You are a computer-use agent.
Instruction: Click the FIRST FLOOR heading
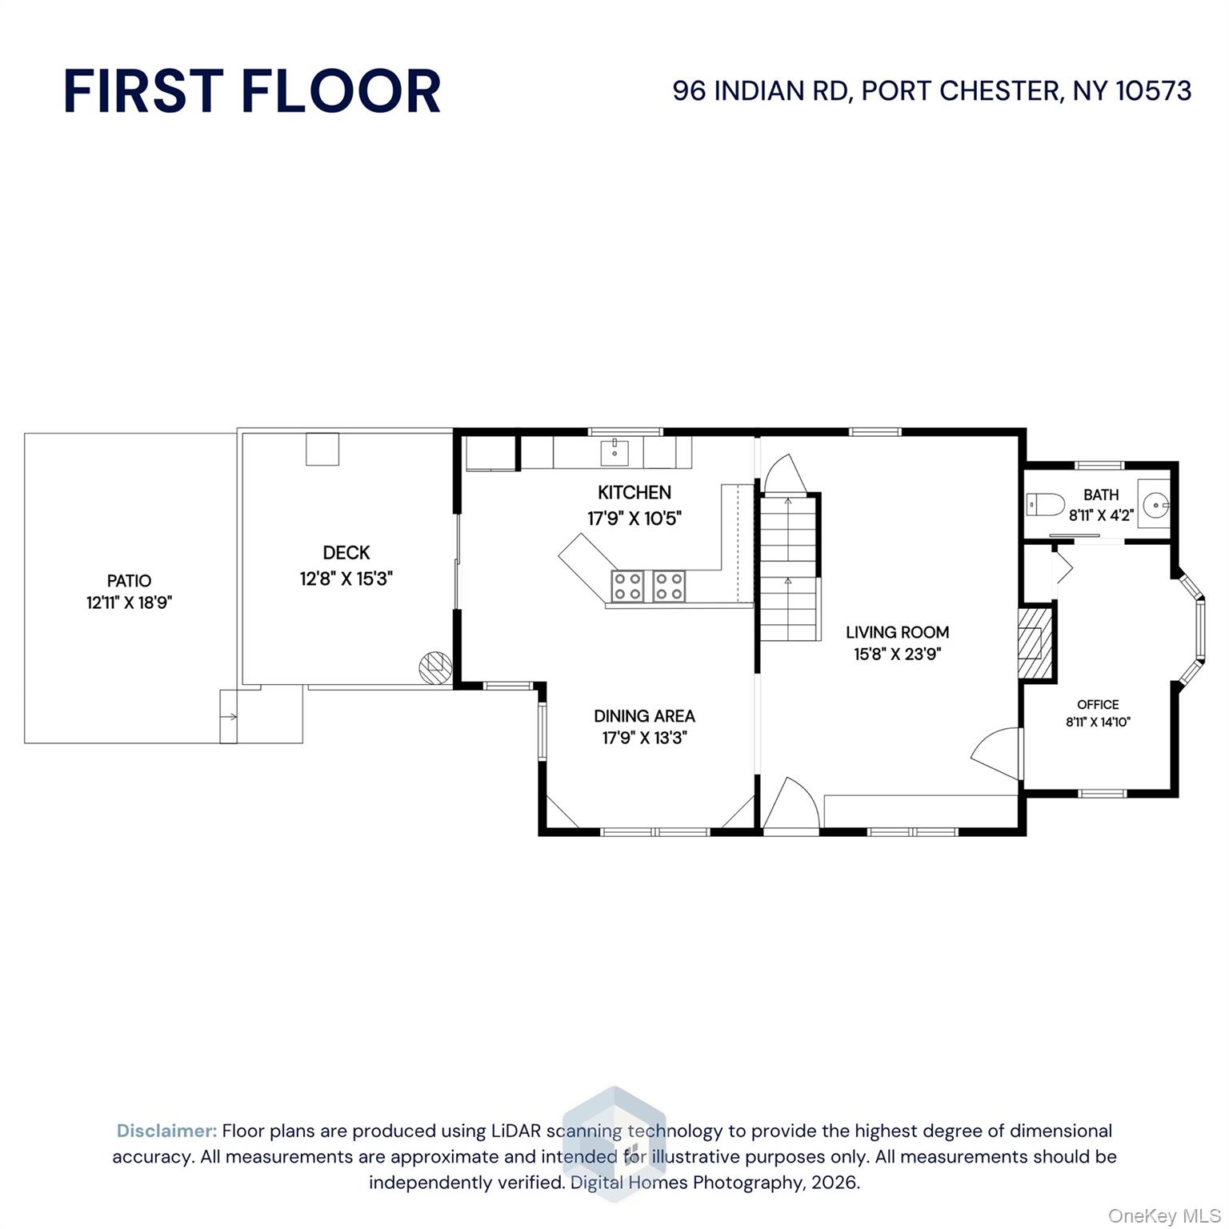[252, 91]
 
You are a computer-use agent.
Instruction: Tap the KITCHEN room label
[635, 493]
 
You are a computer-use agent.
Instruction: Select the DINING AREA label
[644, 716]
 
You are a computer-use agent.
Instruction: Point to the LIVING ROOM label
[898, 632]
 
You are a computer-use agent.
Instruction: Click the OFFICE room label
[1098, 705]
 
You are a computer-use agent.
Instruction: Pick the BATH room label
[1101, 494]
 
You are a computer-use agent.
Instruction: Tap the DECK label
[346, 553]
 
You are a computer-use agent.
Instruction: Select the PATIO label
[129, 581]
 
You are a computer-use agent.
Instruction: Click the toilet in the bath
[1045, 505]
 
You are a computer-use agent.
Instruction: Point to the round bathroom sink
[1155, 506]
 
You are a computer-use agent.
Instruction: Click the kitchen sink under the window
[614, 452]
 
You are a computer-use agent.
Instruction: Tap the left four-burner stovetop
[628, 586]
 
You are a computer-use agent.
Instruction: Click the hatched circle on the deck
[435, 667]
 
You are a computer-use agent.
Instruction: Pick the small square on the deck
[322, 449]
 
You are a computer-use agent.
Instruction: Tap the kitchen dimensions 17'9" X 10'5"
[635, 518]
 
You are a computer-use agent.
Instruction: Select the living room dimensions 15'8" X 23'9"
[898, 655]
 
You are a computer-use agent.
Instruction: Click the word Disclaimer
[167, 1131]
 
